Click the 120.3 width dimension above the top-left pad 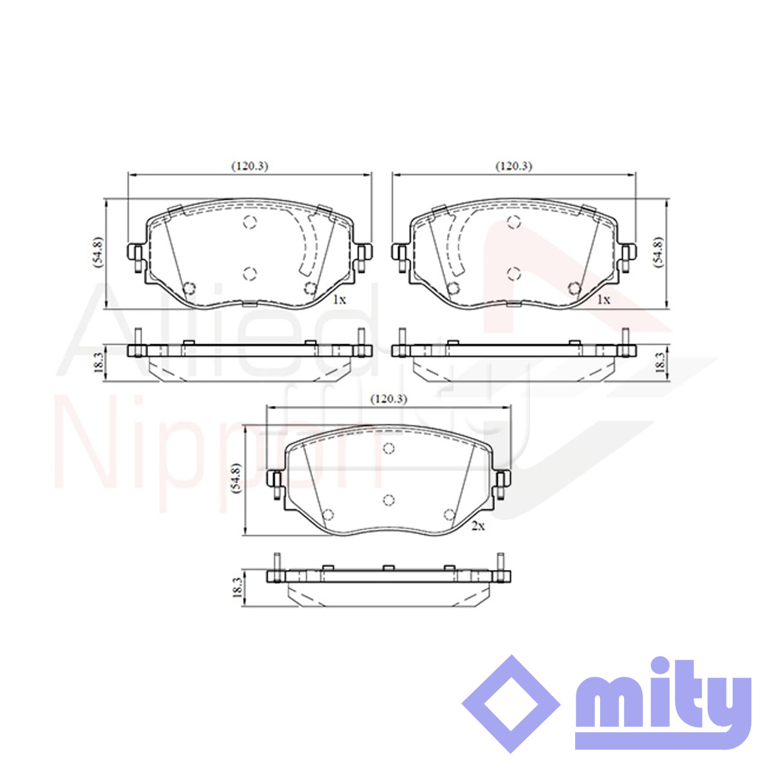pyautogui.click(x=250, y=166)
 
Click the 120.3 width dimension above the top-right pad pyautogui.click(x=514, y=166)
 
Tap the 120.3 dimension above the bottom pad pyautogui.click(x=389, y=399)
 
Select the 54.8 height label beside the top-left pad pyautogui.click(x=98, y=253)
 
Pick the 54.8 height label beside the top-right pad pyautogui.click(x=658, y=253)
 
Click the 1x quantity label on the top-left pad pyautogui.click(x=339, y=299)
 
